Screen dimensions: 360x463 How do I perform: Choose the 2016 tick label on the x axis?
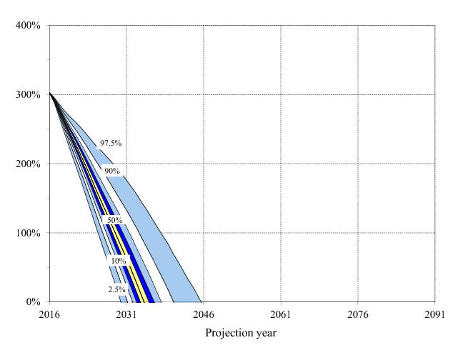click(49, 314)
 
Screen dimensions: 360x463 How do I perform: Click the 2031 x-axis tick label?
click(126, 314)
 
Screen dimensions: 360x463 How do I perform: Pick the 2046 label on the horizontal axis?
click(204, 314)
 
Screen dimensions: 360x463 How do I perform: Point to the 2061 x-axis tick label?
click(280, 314)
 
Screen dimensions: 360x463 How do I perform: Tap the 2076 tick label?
click(357, 314)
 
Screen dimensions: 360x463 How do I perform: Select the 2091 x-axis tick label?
click(434, 314)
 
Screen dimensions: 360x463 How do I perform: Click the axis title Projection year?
click(241, 333)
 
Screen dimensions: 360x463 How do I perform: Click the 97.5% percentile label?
click(111, 144)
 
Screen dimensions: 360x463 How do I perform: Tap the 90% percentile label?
click(112, 171)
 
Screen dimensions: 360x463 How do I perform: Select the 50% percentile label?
click(114, 221)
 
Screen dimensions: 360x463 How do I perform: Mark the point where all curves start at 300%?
click(49, 94)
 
